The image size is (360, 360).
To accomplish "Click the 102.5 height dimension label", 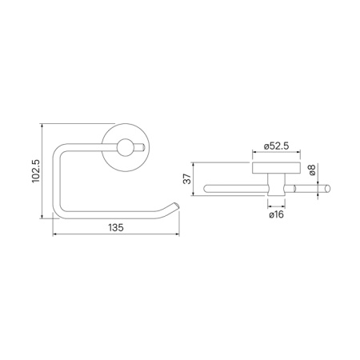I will pyautogui.click(x=34, y=170).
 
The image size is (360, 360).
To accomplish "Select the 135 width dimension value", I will pyautogui.click(x=115, y=227).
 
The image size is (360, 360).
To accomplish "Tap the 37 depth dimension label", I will pyautogui.click(x=188, y=181).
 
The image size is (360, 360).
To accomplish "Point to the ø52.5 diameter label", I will pyautogui.click(x=275, y=146).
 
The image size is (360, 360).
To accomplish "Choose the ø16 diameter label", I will pyautogui.click(x=275, y=215).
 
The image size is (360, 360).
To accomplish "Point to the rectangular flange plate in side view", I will pyautogui.click(x=274, y=168).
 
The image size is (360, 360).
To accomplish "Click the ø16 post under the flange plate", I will pyautogui.click(x=274, y=187).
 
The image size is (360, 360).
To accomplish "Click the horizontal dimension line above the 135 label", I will pyautogui.click(x=115, y=234).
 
